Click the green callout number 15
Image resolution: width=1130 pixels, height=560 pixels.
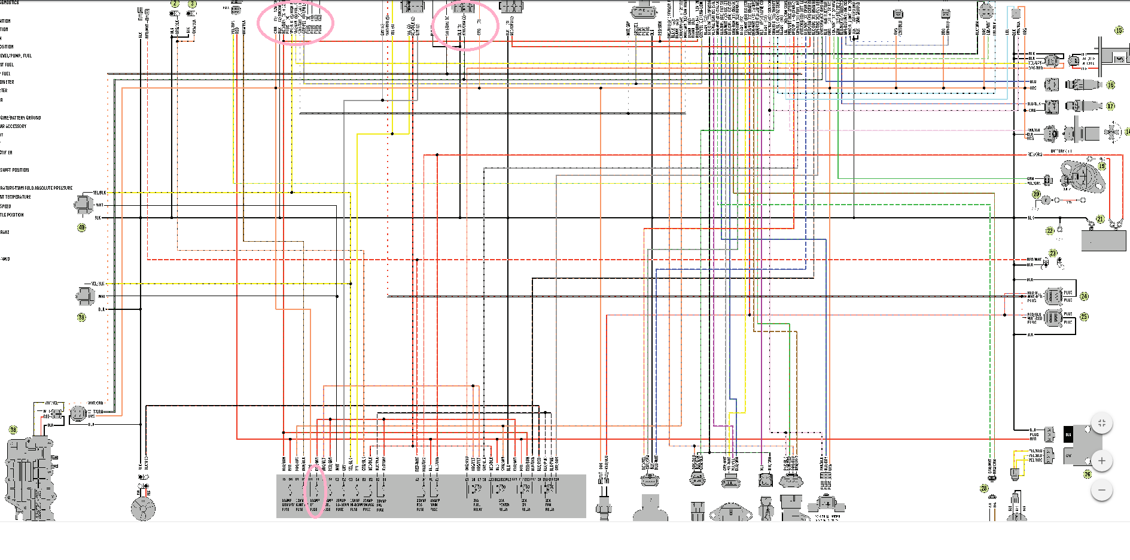click(1119, 31)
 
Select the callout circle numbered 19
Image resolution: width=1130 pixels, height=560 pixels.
click(1102, 166)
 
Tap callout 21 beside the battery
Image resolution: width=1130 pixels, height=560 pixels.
click(1099, 220)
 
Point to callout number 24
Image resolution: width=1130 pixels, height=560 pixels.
click(1085, 296)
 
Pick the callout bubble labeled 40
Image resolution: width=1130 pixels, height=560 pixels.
click(82, 227)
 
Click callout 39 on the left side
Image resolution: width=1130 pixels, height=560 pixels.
click(82, 317)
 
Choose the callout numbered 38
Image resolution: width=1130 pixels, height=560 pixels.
click(13, 430)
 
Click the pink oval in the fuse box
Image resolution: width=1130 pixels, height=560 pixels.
click(315, 491)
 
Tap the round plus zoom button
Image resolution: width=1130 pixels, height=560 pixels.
click(1102, 461)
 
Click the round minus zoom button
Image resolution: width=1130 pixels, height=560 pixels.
click(1102, 491)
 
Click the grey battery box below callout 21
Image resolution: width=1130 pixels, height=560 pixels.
click(1104, 240)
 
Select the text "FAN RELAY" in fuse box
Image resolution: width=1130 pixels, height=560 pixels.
click(549, 506)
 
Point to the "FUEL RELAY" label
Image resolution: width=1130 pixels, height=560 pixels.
click(477, 506)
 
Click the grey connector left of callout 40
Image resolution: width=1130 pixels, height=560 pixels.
click(83, 205)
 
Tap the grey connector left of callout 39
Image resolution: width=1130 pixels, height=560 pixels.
click(84, 296)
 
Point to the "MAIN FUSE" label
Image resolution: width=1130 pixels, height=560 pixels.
click(434, 506)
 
